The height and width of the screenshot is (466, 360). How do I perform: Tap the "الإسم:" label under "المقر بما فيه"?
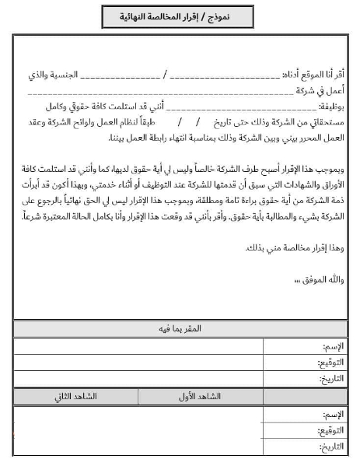pos(331,345)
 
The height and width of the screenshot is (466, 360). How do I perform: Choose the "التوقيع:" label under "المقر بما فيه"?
pos(330,363)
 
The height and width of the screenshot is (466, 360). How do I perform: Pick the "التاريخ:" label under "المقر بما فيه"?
pos(330,379)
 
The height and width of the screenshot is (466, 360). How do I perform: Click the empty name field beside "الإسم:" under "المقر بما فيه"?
pos(156,345)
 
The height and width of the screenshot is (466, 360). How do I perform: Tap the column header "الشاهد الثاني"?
pos(75,396)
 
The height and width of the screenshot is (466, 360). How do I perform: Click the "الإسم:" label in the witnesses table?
pos(331,414)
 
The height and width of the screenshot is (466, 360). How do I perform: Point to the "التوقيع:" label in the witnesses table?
pos(330,430)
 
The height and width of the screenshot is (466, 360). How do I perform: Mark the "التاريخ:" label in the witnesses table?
pos(330,447)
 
